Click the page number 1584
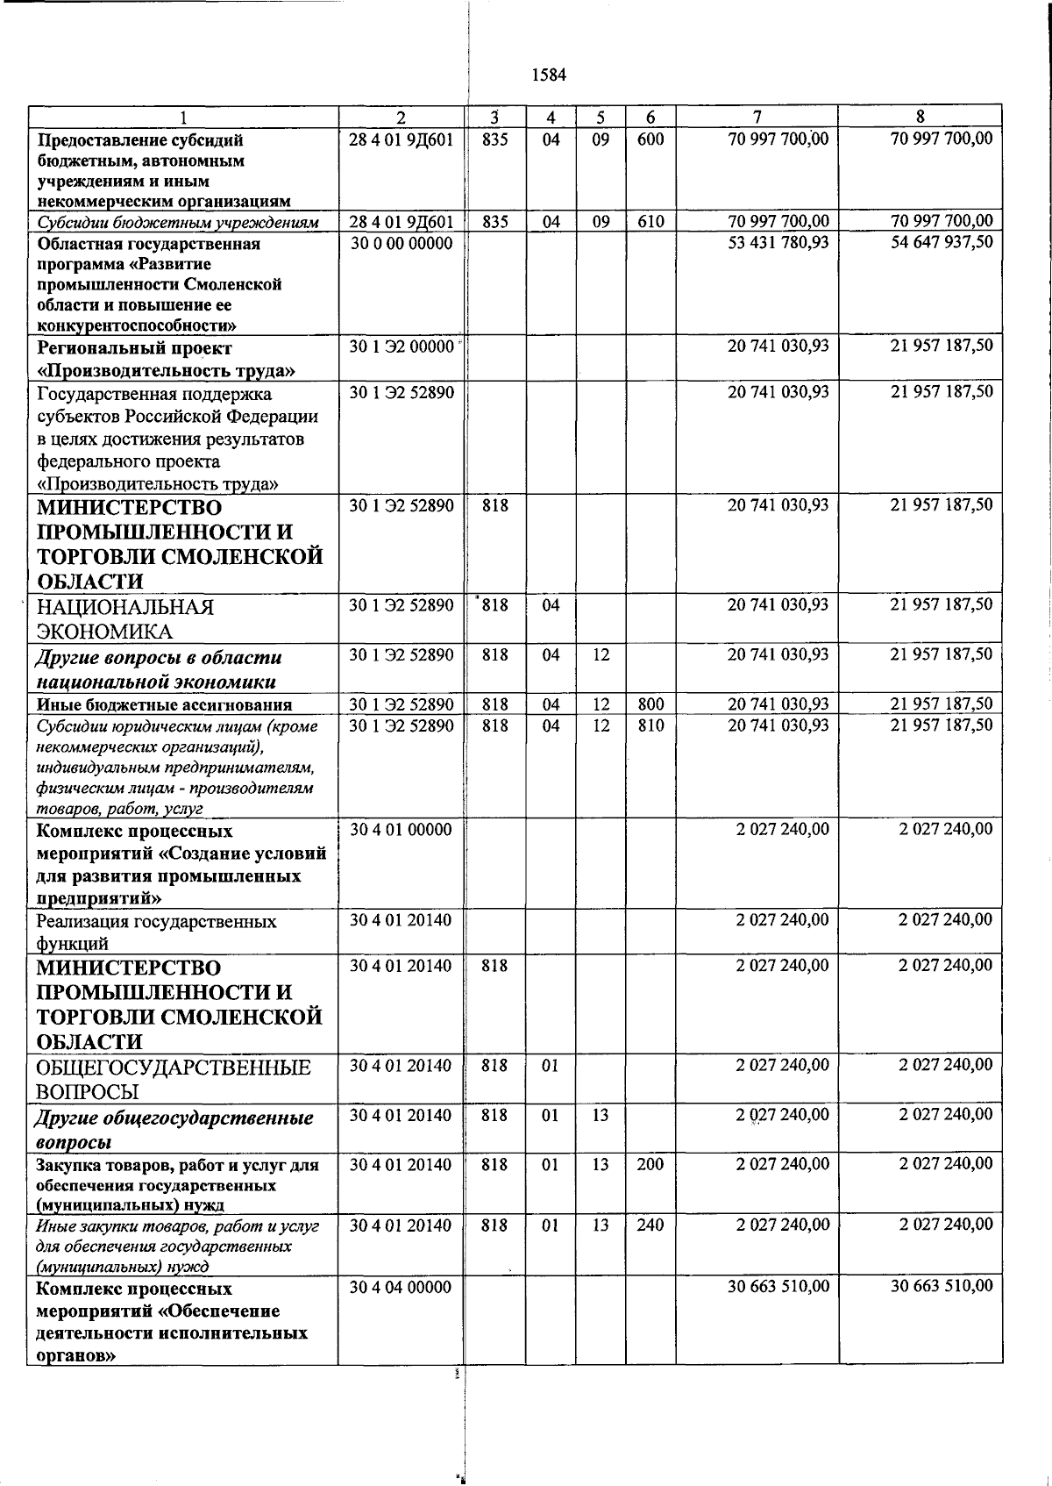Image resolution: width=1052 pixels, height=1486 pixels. pyautogui.click(x=549, y=75)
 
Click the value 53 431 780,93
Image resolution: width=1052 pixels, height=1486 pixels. pyautogui.click(x=778, y=242)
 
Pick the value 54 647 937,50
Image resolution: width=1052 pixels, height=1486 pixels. pyautogui.click(x=942, y=242)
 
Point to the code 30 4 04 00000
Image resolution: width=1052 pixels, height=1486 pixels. pyautogui.click(x=401, y=1287)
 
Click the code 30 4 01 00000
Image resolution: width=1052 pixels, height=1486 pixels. pyautogui.click(x=401, y=829)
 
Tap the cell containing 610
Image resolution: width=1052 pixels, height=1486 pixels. pyautogui.click(x=650, y=221)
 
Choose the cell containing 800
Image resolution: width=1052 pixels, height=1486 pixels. pyautogui.click(x=650, y=704)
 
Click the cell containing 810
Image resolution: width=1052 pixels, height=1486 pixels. pyautogui.click(x=650, y=725)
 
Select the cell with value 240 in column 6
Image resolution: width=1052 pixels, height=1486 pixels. pyautogui.click(x=650, y=1225)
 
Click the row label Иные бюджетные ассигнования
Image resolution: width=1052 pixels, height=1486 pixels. pyautogui.click(x=164, y=704)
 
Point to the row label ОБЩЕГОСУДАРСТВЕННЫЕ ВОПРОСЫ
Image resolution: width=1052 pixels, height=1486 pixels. pyautogui.click(x=174, y=1079)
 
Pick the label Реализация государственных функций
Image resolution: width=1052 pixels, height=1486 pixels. pyautogui.click(x=156, y=932)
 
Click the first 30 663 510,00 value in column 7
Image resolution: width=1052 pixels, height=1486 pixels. pyautogui.click(x=778, y=1286)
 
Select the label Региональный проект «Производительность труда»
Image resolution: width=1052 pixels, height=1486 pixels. pyautogui.click(x=166, y=359)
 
